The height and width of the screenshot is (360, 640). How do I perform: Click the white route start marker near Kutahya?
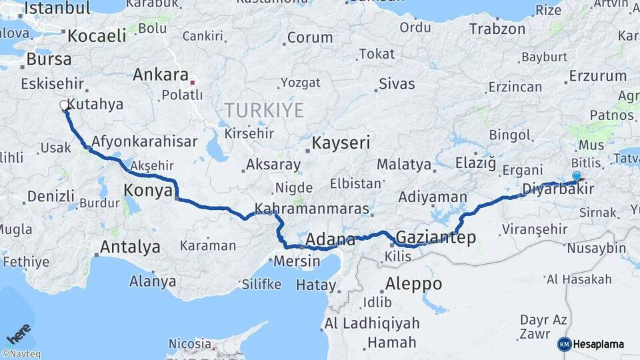click(65, 105)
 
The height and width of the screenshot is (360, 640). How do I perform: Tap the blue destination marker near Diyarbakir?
click(577, 176)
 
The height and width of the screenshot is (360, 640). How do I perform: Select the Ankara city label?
click(161, 75)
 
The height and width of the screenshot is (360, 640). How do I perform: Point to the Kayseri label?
click(341, 143)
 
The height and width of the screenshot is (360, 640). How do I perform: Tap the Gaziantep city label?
click(436, 237)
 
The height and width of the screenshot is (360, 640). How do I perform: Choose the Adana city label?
click(330, 239)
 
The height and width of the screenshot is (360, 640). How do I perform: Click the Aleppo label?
click(413, 284)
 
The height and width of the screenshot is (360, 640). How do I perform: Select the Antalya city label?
click(130, 247)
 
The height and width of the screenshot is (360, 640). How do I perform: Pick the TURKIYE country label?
click(264, 110)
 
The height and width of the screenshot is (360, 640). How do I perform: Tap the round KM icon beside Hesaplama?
click(564, 345)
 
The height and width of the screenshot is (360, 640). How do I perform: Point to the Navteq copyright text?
click(21, 354)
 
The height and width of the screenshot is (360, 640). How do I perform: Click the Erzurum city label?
click(598, 76)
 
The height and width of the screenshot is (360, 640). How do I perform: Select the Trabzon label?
click(497, 29)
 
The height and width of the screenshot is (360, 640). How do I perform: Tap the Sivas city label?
click(397, 84)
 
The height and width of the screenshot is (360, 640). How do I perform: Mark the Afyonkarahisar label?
click(145, 141)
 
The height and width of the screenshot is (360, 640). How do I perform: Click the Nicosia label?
click(190, 344)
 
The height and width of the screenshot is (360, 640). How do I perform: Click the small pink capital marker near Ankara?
click(193, 83)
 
